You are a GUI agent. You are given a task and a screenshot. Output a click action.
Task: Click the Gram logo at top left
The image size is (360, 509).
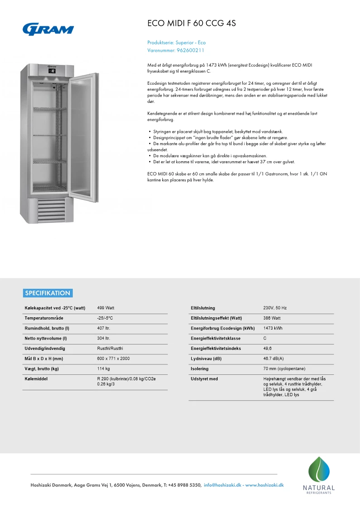48,29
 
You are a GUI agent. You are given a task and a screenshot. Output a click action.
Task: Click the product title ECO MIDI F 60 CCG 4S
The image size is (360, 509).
192,23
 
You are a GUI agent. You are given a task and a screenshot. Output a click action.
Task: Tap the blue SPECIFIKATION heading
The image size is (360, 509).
48,293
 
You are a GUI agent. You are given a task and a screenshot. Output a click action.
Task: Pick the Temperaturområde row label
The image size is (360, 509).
44,318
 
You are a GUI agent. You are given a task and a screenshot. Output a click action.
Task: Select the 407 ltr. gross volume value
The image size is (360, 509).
104,328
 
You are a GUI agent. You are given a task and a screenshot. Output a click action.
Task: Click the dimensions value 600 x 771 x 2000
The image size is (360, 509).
113,359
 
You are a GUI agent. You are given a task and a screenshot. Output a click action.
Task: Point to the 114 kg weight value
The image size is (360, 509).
104,368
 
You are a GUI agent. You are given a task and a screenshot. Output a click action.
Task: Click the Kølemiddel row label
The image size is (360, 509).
36,379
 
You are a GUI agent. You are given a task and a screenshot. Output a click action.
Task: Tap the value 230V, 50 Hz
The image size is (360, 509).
275,308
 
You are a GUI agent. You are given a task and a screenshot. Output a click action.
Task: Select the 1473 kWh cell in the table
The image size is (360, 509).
272,328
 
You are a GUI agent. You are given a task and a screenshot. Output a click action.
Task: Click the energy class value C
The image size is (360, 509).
265,339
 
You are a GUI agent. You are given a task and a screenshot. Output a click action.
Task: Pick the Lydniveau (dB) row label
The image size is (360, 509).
206,359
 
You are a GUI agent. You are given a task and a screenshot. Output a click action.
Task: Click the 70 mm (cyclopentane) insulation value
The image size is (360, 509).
284,369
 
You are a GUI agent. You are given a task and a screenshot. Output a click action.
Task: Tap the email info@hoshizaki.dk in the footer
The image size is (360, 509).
223,485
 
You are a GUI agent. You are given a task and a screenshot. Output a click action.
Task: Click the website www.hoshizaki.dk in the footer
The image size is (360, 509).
264,485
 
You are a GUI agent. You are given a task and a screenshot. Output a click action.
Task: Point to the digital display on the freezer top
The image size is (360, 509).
52,71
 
